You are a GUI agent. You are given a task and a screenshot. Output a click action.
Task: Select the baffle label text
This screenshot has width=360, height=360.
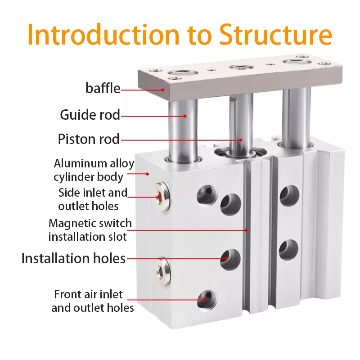click(x=103, y=88)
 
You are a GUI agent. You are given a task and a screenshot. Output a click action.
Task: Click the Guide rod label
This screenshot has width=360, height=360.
click(x=90, y=115)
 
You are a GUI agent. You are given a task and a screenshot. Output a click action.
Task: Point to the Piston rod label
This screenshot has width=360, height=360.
click(x=89, y=139)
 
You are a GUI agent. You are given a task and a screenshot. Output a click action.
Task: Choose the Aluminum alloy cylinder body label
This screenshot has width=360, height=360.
click(x=94, y=170)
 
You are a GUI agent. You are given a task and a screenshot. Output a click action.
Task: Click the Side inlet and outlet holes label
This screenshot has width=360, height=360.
click(x=93, y=199)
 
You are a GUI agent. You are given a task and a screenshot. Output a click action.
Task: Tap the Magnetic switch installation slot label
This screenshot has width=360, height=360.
click(x=90, y=229)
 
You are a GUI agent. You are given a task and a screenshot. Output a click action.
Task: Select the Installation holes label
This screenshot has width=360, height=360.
click(x=73, y=258)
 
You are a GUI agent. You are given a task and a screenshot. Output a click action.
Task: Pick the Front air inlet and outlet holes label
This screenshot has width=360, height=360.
click(x=92, y=301)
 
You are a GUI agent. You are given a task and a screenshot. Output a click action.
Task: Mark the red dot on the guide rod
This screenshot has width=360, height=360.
click(x=184, y=116)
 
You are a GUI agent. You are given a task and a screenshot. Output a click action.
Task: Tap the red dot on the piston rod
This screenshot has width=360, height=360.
click(x=240, y=139)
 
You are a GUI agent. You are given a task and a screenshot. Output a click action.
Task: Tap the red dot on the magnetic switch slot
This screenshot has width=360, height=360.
click(x=246, y=229)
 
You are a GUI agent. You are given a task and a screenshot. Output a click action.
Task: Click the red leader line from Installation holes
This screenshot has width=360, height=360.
click(x=175, y=258)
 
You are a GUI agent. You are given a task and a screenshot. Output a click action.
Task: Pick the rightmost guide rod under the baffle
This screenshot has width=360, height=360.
click(x=296, y=115)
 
